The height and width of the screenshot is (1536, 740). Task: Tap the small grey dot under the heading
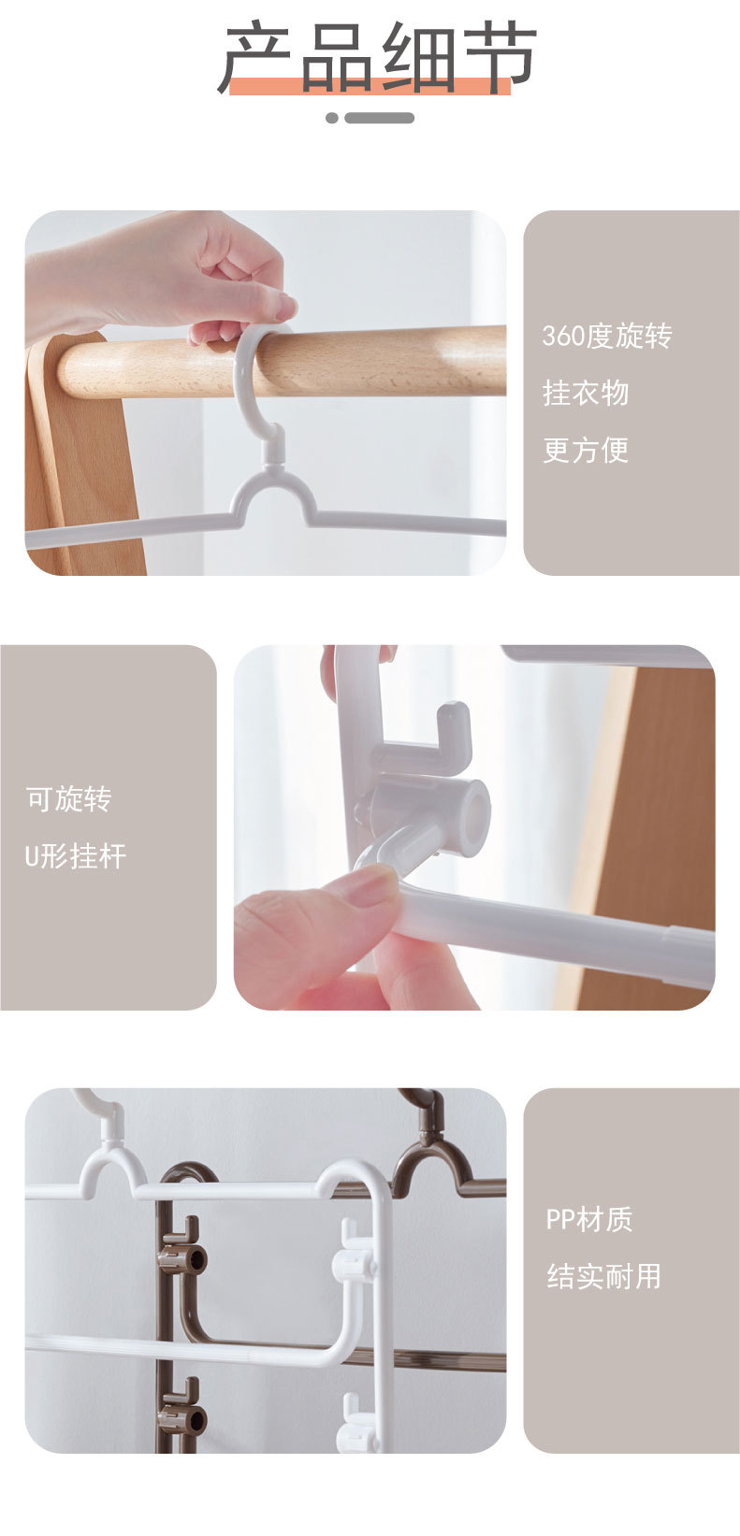coord(332,118)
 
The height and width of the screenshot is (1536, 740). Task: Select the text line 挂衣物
coord(586,394)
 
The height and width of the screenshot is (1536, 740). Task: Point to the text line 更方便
coord(586,451)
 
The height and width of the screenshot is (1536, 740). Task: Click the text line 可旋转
coord(68,799)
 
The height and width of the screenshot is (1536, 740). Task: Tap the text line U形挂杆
coord(76,856)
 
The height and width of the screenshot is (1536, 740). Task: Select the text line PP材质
coord(589,1219)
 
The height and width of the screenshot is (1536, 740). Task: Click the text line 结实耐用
coord(603,1276)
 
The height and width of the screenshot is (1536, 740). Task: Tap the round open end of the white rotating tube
coord(475,809)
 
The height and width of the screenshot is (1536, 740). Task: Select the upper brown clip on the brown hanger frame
coord(181,1257)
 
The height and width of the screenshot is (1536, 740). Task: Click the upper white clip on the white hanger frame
coord(355,1263)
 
